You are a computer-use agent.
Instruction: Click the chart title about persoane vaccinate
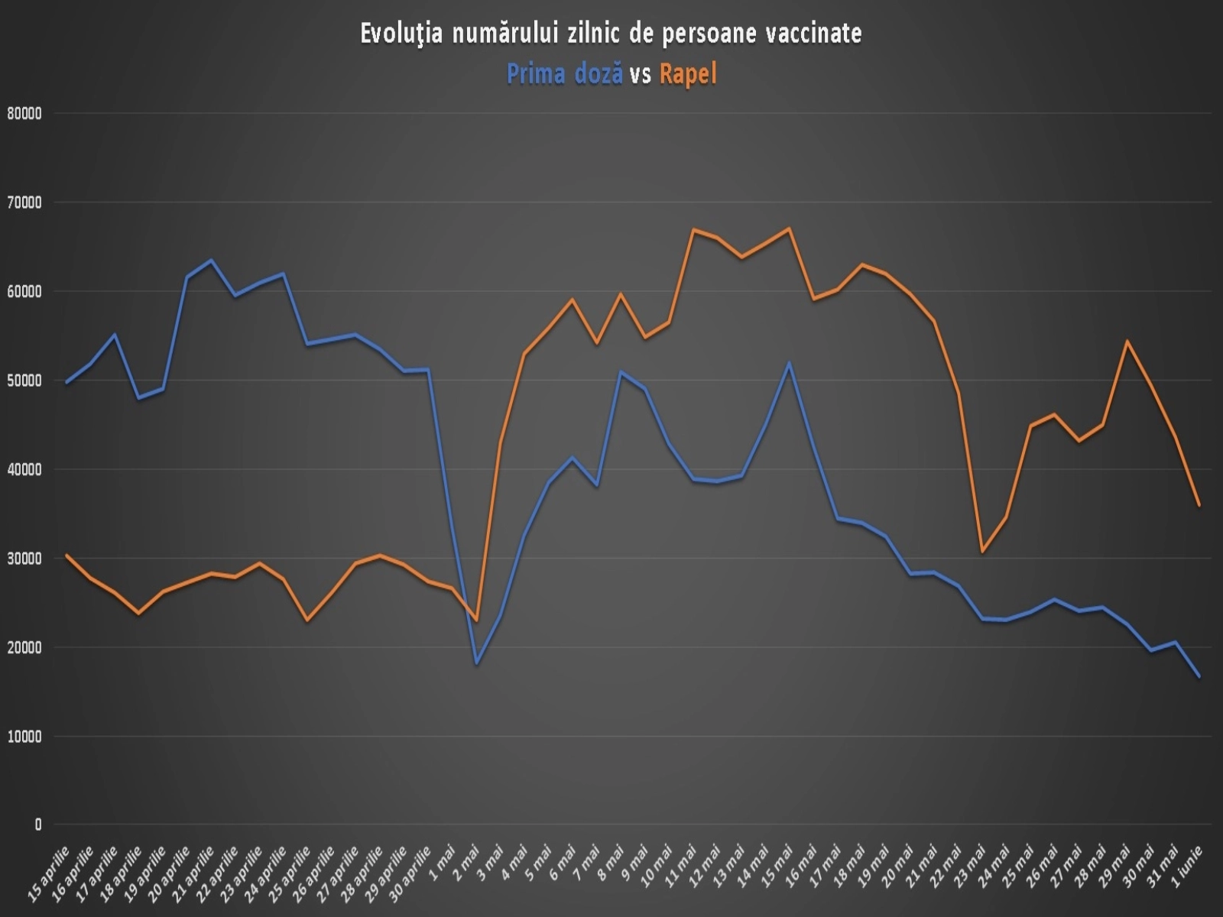pyautogui.click(x=611, y=34)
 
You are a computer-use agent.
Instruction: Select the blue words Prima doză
pyautogui.click(x=564, y=74)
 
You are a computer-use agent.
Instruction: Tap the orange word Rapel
pyautogui.click(x=688, y=74)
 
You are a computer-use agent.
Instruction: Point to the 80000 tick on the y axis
pyautogui.click(x=24, y=114)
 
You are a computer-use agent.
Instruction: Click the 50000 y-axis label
pyautogui.click(x=24, y=381)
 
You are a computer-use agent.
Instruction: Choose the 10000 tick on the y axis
pyautogui.click(x=24, y=737)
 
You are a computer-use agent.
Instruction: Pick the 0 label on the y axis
pyautogui.click(x=37, y=825)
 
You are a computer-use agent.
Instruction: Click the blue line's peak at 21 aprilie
pyautogui.click(x=212, y=261)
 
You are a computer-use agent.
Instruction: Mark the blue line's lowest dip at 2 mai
pyautogui.click(x=477, y=663)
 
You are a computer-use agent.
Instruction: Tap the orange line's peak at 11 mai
pyautogui.click(x=693, y=229)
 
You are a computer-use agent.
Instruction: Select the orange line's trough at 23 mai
pyautogui.click(x=982, y=551)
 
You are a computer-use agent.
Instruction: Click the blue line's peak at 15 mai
pyautogui.click(x=789, y=363)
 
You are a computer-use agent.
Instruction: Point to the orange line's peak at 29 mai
pyautogui.click(x=1127, y=341)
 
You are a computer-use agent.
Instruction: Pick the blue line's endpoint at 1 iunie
pyautogui.click(x=1199, y=676)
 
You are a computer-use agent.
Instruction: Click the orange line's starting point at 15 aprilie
pyautogui.click(x=67, y=555)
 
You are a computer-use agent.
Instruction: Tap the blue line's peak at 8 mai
pyautogui.click(x=621, y=372)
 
